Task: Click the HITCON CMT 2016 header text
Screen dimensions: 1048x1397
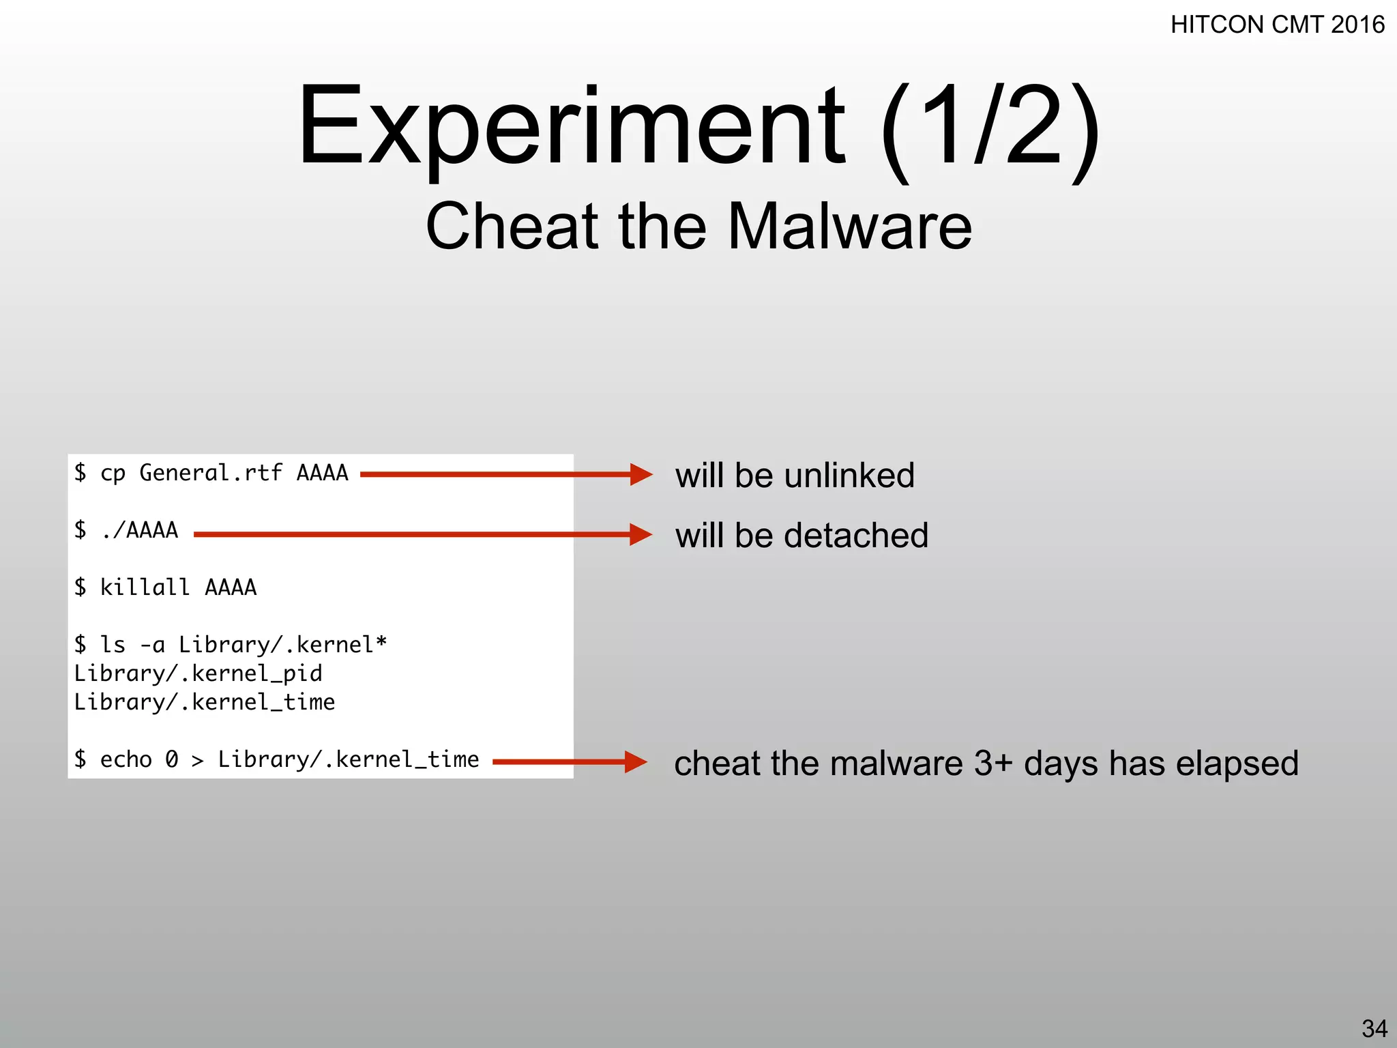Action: (x=1277, y=25)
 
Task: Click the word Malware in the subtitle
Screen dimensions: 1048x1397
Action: (x=849, y=227)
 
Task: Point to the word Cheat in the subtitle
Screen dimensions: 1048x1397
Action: (x=512, y=227)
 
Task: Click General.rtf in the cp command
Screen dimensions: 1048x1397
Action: (x=211, y=473)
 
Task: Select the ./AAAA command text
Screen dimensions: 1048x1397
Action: (x=139, y=530)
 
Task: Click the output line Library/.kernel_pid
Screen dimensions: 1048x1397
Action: (x=198, y=673)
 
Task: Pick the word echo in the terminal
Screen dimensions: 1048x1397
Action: (x=126, y=759)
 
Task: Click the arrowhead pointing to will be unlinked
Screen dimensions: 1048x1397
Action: (x=641, y=474)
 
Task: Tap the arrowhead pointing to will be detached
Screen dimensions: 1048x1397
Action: (x=641, y=534)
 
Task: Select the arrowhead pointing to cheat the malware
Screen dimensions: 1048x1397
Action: (x=636, y=762)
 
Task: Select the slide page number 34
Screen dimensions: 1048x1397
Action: (x=1374, y=1028)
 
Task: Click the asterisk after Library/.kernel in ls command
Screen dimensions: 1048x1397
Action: (x=381, y=643)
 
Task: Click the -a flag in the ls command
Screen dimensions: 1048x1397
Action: (x=151, y=645)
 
